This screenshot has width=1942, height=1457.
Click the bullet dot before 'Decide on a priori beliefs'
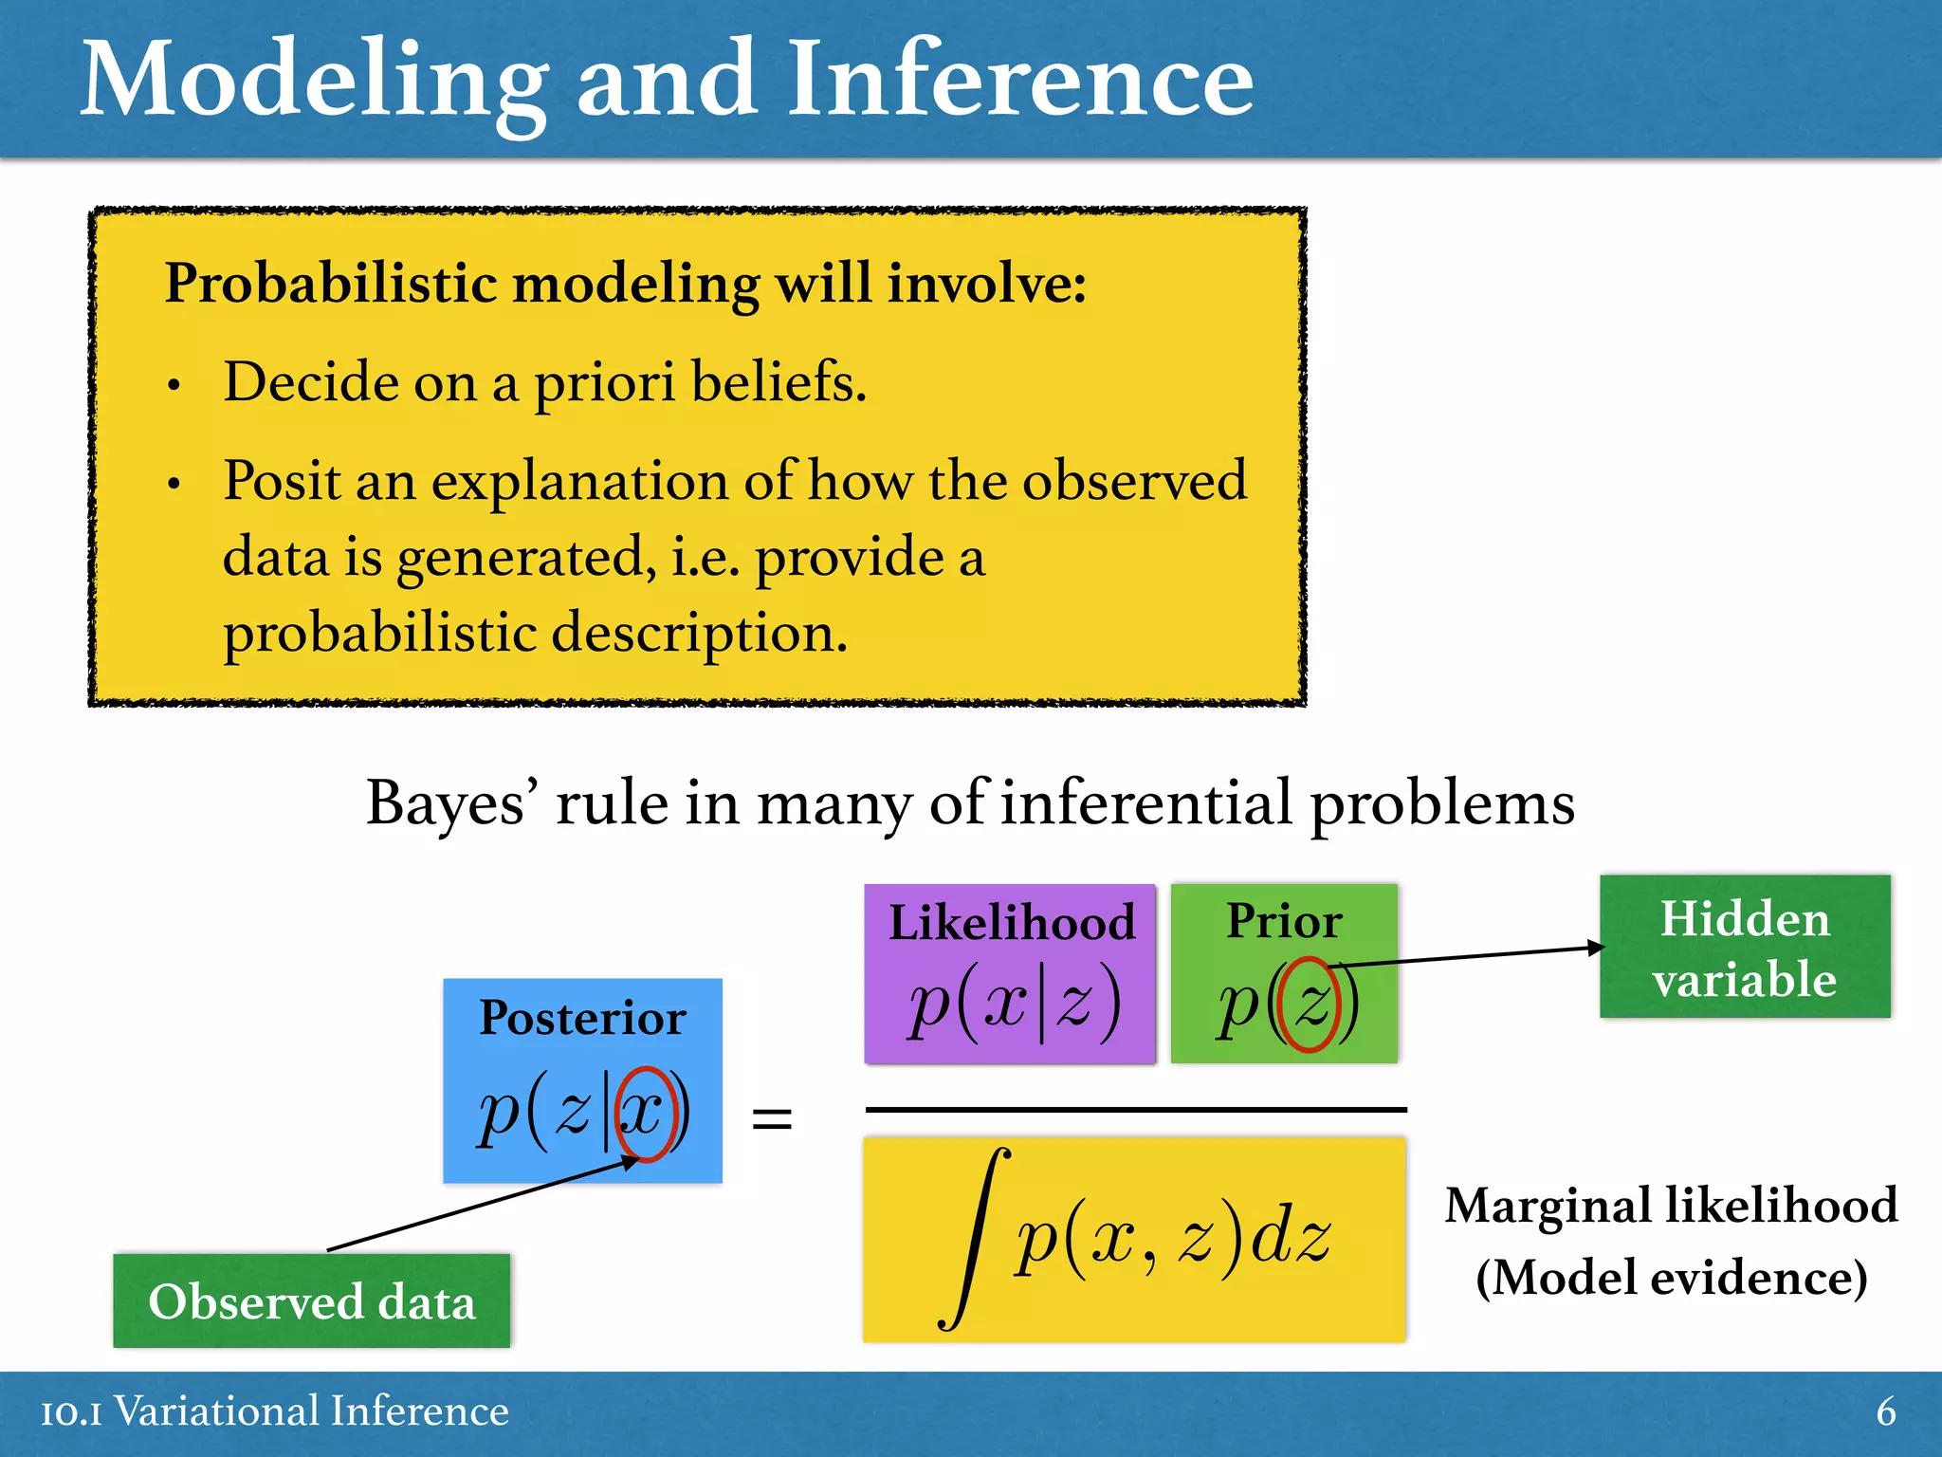(x=174, y=386)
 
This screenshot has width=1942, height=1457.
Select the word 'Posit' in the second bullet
(x=282, y=480)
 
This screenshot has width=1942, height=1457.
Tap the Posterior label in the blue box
(x=582, y=1018)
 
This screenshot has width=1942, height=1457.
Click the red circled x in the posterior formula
(x=645, y=1113)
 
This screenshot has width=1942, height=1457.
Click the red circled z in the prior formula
(x=1310, y=1005)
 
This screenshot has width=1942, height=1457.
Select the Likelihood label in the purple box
(x=1011, y=922)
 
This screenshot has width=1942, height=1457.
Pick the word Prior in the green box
(x=1284, y=920)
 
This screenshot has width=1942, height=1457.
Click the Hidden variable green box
(x=1745, y=947)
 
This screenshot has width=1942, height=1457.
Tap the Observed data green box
(x=311, y=1300)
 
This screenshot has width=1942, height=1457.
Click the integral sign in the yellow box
(x=973, y=1238)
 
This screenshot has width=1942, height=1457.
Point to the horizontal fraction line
(x=1135, y=1108)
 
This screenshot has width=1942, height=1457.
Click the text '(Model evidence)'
(x=1671, y=1277)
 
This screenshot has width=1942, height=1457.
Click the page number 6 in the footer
(x=1885, y=1411)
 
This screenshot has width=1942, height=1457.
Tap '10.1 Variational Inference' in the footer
(x=275, y=1411)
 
